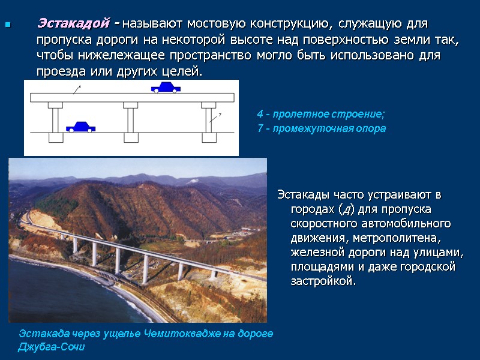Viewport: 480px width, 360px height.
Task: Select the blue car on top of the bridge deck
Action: click(x=165, y=88)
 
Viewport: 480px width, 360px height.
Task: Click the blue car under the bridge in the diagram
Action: click(x=80, y=127)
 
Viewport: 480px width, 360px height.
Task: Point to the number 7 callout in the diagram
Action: click(x=220, y=113)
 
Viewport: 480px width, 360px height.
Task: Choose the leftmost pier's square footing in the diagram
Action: click(x=55, y=138)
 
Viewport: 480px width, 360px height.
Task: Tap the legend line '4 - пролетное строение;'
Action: click(x=320, y=114)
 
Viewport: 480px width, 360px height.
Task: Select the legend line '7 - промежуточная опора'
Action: click(x=321, y=128)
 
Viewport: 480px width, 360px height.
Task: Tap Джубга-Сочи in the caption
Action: click(x=52, y=347)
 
